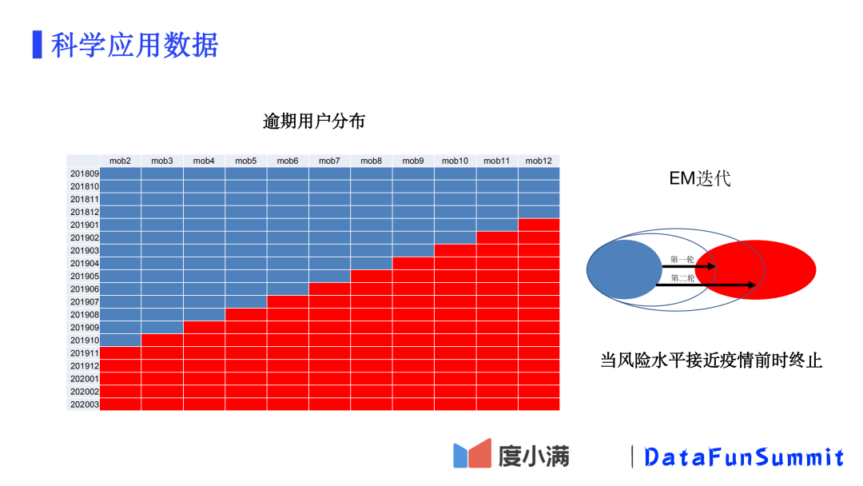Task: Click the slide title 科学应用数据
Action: coord(133,45)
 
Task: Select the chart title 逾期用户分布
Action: coord(314,121)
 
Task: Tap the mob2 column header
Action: coord(120,161)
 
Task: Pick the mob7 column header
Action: coord(329,161)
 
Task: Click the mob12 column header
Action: coord(539,161)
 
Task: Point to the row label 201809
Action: coord(83,173)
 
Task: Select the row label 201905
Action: coord(83,276)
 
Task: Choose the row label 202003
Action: coord(83,404)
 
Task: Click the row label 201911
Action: coord(83,353)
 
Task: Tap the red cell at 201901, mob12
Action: coord(539,225)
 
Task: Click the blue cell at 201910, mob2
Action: coord(120,340)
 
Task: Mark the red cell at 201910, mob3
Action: coord(162,340)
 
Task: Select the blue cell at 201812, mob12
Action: coord(539,212)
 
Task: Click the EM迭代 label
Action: coord(700,178)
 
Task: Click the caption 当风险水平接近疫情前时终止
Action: coord(711,361)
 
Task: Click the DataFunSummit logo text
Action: coord(744,457)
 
